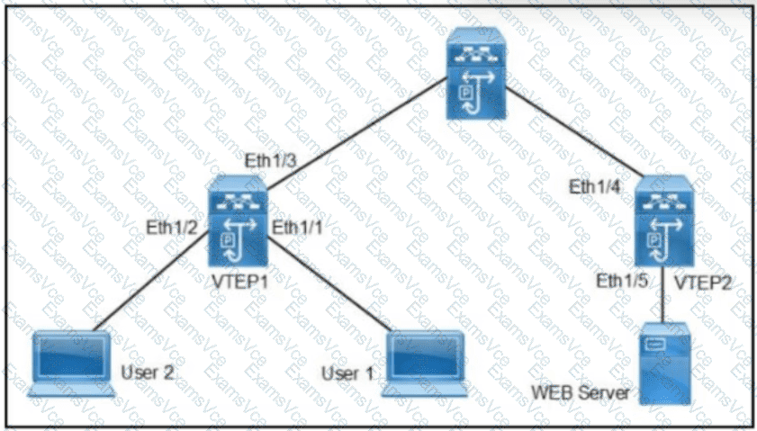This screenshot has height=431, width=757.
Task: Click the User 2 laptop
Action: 73,363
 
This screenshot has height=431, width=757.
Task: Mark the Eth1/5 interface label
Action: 621,280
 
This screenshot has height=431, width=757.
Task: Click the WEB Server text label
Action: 578,392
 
